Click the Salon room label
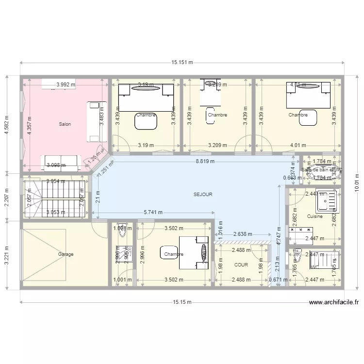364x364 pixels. (x=65, y=124)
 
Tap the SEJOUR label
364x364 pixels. (x=203, y=194)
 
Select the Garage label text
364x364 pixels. (x=66, y=254)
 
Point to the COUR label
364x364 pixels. (x=241, y=265)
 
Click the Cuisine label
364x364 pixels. (x=314, y=216)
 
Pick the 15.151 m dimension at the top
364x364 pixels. (x=182, y=62)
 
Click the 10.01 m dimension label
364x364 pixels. (x=357, y=183)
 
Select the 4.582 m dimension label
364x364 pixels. (x=7, y=125)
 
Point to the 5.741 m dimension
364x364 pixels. (x=153, y=212)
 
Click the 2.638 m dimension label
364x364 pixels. (x=243, y=234)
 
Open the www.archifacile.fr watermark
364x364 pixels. (x=334, y=302)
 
